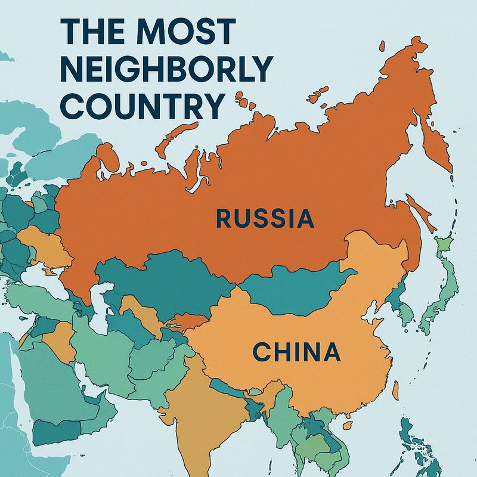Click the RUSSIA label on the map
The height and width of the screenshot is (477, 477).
(265, 218)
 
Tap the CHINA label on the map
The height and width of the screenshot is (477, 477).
(296, 352)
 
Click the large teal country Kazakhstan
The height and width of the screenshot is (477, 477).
(161, 280)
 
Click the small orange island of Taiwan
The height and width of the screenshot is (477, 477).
(395, 390)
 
